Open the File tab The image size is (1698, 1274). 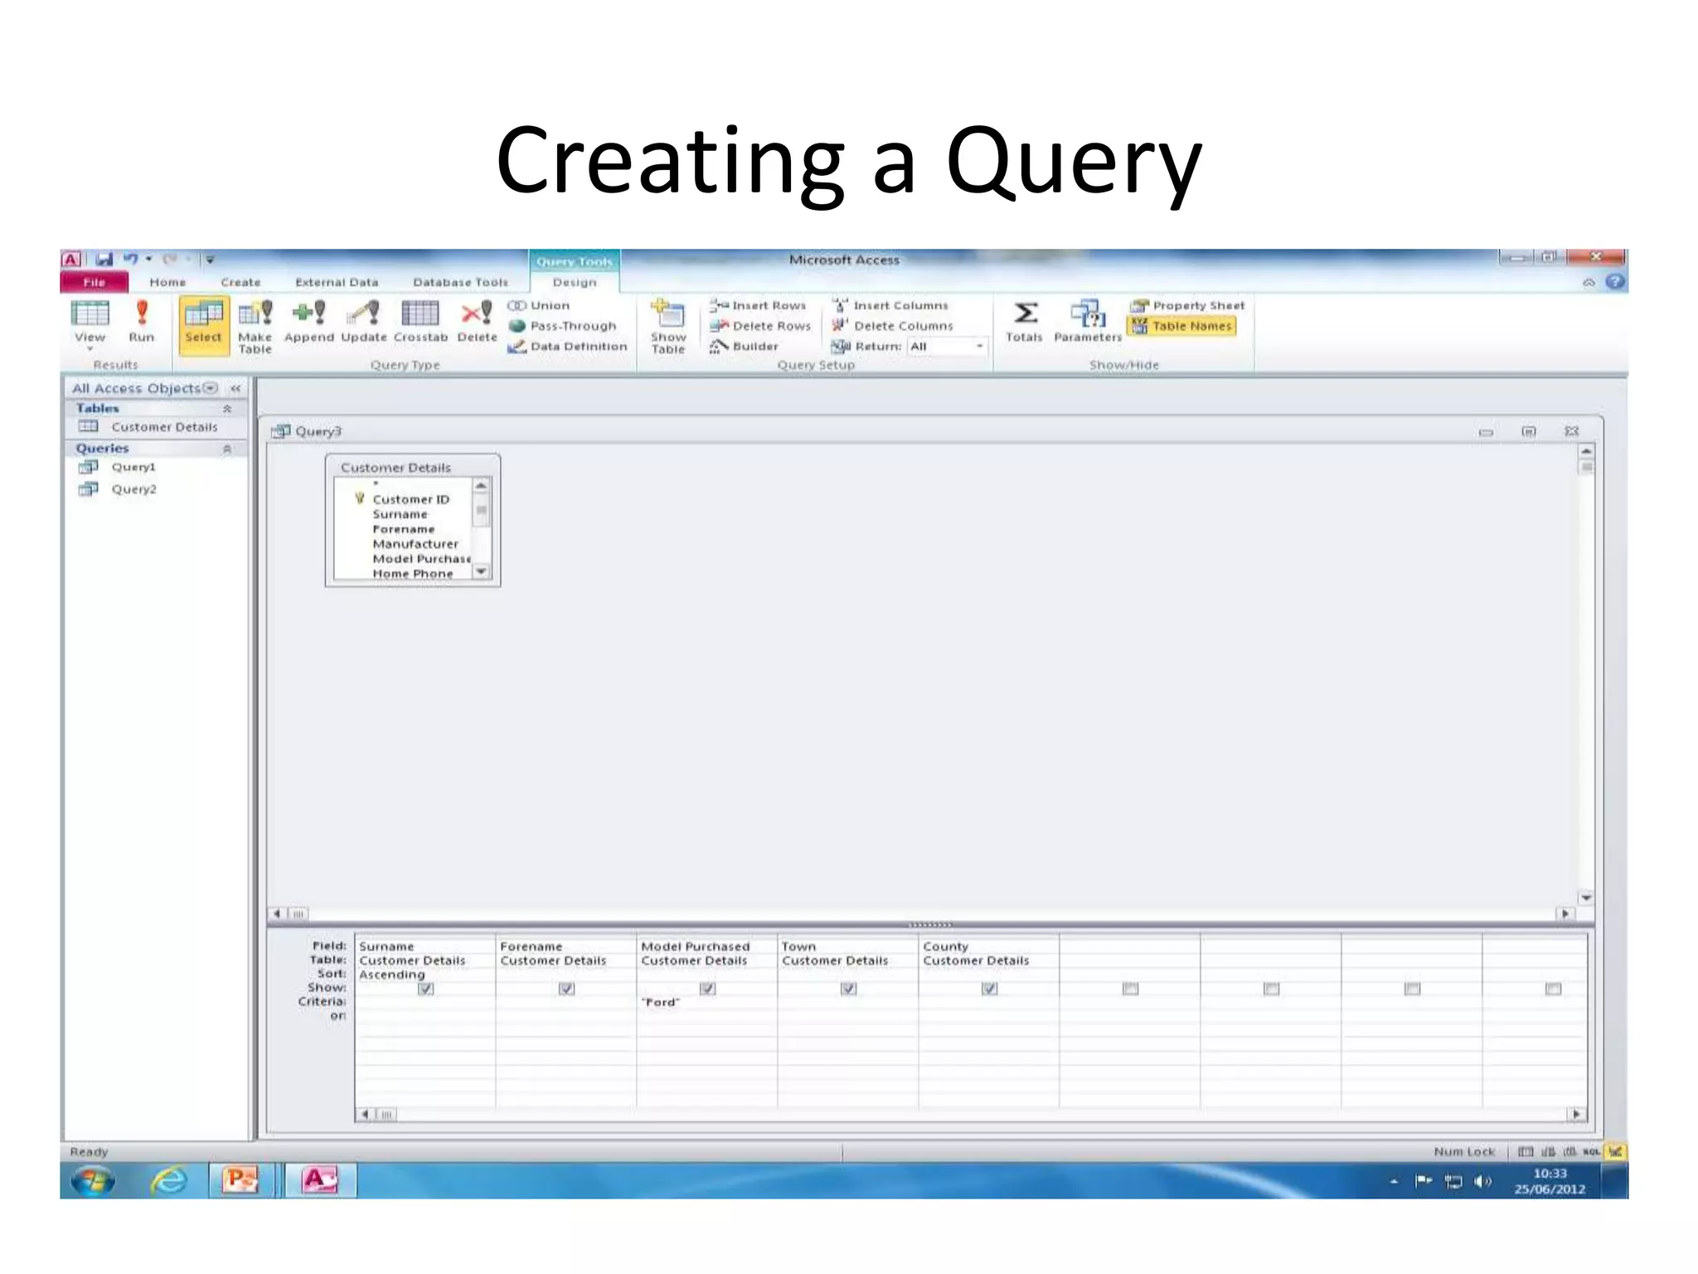point(95,282)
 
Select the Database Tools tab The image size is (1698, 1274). point(460,282)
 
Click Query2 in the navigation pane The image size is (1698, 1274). point(133,489)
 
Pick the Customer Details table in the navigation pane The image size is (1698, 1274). point(164,427)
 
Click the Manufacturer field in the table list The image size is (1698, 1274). point(415,544)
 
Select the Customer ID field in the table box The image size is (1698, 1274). point(410,499)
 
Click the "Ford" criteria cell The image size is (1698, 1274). point(662,1002)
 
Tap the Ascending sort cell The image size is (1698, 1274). point(392,975)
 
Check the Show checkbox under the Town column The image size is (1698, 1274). point(848,989)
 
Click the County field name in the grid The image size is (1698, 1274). point(945,946)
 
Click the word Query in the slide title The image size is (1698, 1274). point(1073,162)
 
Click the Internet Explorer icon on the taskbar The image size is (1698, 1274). point(168,1180)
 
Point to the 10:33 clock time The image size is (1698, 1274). point(1550,1174)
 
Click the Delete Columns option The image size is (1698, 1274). point(902,326)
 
